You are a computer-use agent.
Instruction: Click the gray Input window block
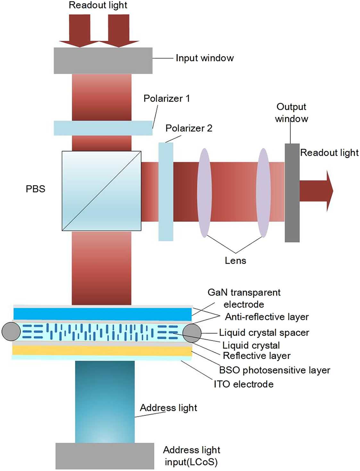pyautogui.click(x=103, y=61)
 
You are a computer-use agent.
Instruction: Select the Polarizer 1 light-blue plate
pyautogui.click(x=103, y=128)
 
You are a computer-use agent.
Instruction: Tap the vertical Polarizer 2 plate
pyautogui.click(x=166, y=192)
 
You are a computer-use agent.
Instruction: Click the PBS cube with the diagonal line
pyautogui.click(x=101, y=191)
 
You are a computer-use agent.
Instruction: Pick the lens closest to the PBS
pyautogui.click(x=204, y=193)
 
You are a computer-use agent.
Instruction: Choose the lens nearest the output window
pyautogui.click(x=263, y=193)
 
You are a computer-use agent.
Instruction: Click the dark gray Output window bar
pyautogui.click(x=292, y=193)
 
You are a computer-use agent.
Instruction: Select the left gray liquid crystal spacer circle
pyautogui.click(x=11, y=332)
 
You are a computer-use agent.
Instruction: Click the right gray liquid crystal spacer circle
pyautogui.click(x=192, y=333)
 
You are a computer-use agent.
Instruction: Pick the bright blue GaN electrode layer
pyautogui.click(x=103, y=314)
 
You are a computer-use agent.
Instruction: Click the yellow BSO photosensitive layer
pyautogui.click(x=102, y=350)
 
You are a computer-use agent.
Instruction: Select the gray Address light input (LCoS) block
pyautogui.click(x=105, y=456)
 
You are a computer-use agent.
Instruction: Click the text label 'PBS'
pyautogui.click(x=35, y=189)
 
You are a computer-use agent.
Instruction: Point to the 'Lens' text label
pyautogui.click(x=235, y=261)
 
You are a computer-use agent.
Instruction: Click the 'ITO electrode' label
pyautogui.click(x=244, y=384)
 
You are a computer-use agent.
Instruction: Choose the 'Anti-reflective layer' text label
pyautogui.click(x=267, y=317)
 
